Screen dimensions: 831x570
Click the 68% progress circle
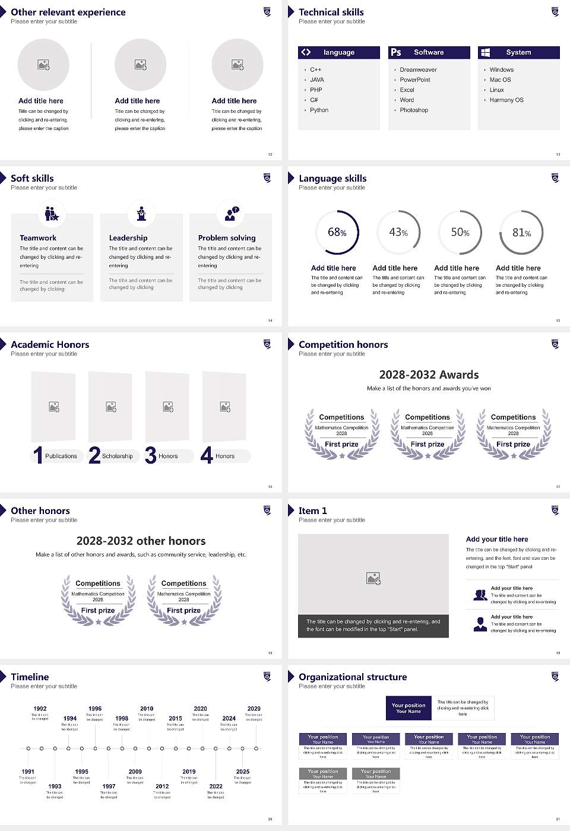tap(337, 232)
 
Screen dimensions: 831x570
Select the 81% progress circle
tap(521, 232)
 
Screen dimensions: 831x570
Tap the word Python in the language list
tap(319, 110)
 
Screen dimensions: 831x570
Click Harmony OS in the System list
tap(506, 100)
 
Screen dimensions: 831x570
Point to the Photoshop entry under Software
tap(414, 110)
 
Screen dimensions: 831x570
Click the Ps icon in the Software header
tap(396, 52)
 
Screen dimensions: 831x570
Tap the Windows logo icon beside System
tap(485, 52)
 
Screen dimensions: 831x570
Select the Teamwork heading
tap(38, 237)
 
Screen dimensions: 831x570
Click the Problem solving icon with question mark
tap(230, 214)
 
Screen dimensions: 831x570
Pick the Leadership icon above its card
tap(141, 214)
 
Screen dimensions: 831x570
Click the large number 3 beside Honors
tap(151, 455)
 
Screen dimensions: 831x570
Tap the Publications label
tap(61, 456)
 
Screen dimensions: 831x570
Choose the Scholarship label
tap(117, 456)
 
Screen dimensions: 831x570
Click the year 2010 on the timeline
tap(147, 708)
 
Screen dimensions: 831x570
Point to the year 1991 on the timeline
tap(28, 772)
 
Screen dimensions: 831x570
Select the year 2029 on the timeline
tap(254, 708)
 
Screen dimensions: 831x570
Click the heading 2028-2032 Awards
tap(429, 375)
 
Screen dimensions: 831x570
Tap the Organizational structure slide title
tap(353, 677)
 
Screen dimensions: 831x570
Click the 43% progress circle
tap(398, 232)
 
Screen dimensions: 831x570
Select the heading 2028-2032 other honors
tap(141, 541)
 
